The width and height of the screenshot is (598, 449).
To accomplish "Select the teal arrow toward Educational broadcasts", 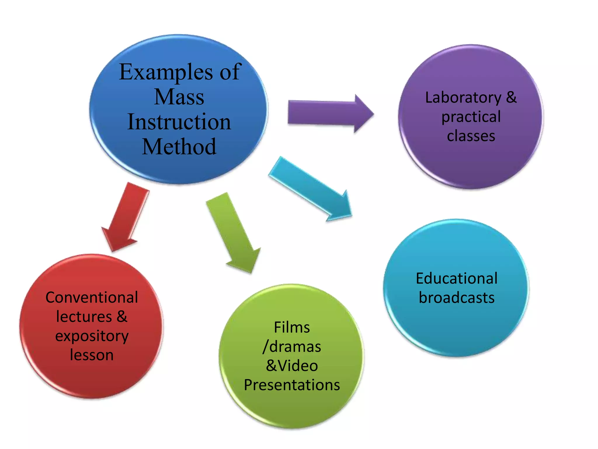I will pyautogui.click(x=310, y=189).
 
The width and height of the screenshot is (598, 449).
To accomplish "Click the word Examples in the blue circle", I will pyautogui.click(x=166, y=72).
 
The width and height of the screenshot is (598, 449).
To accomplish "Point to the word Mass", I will pyautogui.click(x=179, y=97).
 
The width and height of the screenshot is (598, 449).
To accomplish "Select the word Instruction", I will pyautogui.click(x=179, y=122).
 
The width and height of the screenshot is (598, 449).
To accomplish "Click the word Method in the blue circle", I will pyautogui.click(x=179, y=147).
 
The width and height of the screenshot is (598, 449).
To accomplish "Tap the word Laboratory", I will pyautogui.click(x=463, y=98).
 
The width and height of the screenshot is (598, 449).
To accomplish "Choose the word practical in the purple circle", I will pyautogui.click(x=471, y=117).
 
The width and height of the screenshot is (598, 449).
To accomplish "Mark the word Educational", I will pyautogui.click(x=457, y=278).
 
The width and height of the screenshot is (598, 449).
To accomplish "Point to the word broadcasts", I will pyautogui.click(x=457, y=298).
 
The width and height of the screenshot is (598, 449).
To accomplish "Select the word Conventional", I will pyautogui.click(x=92, y=298).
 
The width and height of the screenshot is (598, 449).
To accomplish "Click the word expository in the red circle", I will pyautogui.click(x=92, y=336).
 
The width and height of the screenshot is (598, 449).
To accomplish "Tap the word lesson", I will pyautogui.click(x=92, y=355).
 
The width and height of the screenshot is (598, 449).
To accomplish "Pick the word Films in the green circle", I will pyautogui.click(x=292, y=327).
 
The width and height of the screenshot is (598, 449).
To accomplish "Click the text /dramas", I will pyautogui.click(x=292, y=347).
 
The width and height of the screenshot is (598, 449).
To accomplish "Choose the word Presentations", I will pyautogui.click(x=292, y=385).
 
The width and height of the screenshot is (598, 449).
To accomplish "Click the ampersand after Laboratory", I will pyautogui.click(x=511, y=97).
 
